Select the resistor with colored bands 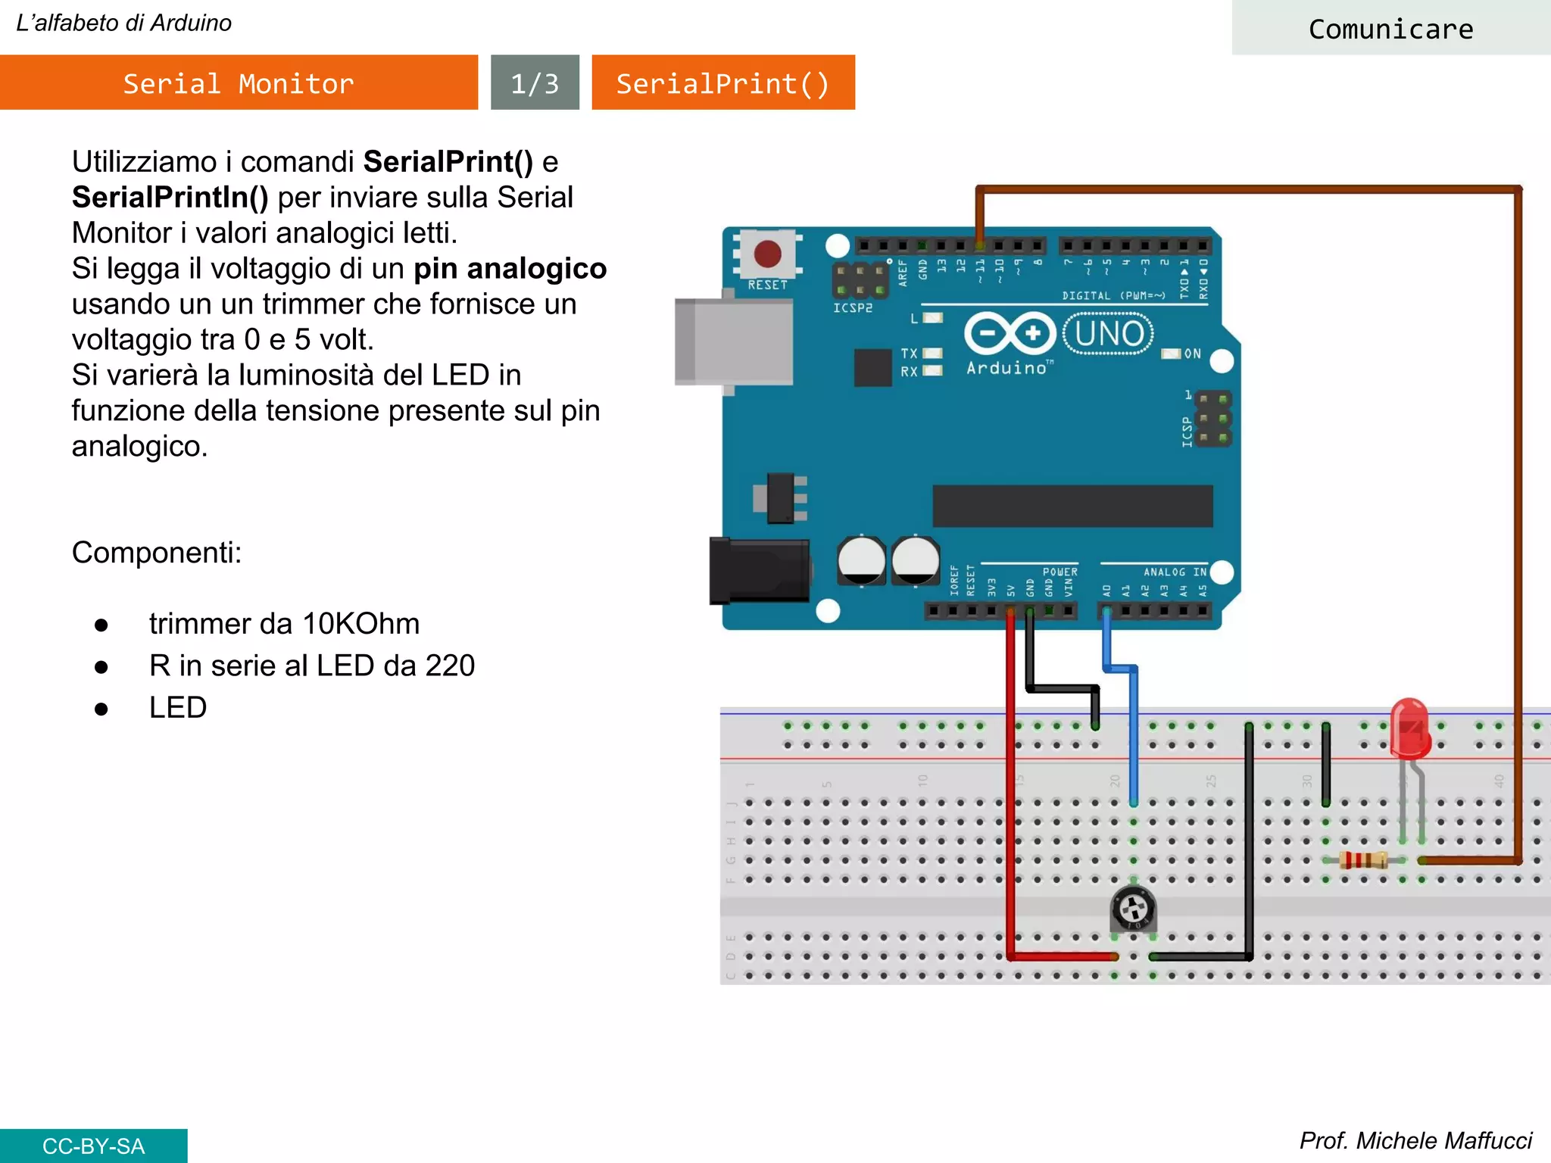coord(1363,860)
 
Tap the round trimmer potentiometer coord(1133,908)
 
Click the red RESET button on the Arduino coord(767,254)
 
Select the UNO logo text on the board coord(1109,333)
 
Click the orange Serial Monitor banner coord(239,83)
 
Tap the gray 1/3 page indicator coord(535,83)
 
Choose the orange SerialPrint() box coord(723,83)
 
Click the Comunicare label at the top coord(1390,29)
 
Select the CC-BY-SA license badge coord(93,1146)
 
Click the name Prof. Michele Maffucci coord(1415,1140)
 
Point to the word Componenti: coord(157,553)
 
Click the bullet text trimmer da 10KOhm coord(284,624)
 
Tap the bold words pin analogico coord(510,269)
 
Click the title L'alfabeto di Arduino coord(124,23)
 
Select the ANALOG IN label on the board coord(1175,572)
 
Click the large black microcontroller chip coord(1072,506)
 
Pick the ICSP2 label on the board coord(853,308)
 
